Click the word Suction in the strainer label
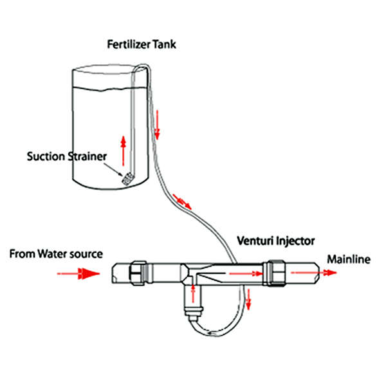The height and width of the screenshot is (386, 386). pyautogui.click(x=46, y=156)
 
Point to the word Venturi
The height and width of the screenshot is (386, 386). pyautogui.click(x=253, y=241)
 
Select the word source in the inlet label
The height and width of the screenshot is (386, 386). pyautogui.click(x=87, y=253)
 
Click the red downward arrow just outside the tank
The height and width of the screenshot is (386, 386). pyautogui.click(x=156, y=133)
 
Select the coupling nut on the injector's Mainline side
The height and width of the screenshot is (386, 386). pyautogui.click(x=275, y=272)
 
